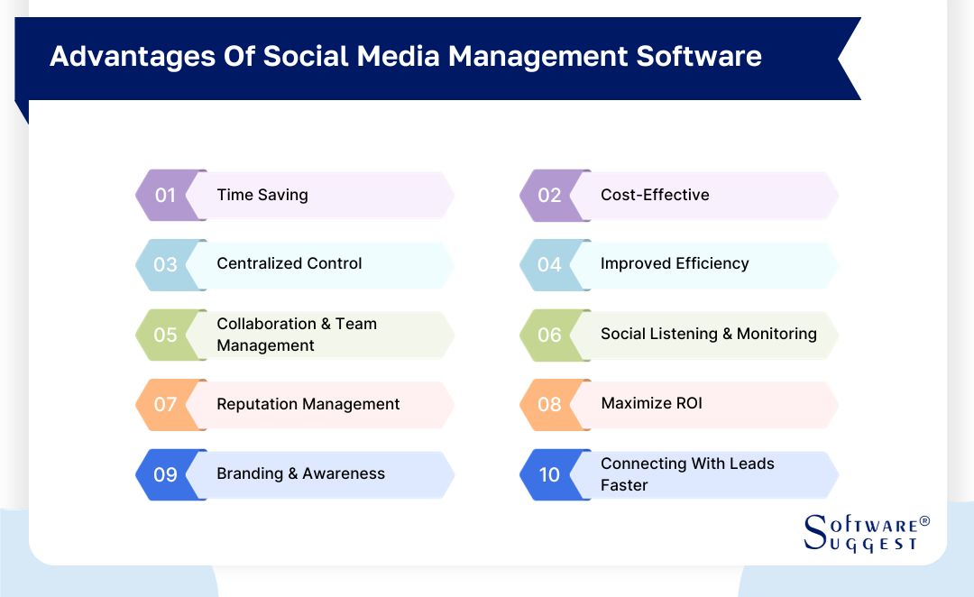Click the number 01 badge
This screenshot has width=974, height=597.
(x=165, y=195)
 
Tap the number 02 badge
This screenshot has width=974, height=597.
(x=549, y=195)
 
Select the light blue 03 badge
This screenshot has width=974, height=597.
(x=165, y=264)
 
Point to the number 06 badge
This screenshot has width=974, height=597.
(x=549, y=335)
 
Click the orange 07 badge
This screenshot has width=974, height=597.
(x=165, y=404)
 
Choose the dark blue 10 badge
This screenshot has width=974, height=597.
(x=549, y=474)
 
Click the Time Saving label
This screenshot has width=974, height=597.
(x=262, y=195)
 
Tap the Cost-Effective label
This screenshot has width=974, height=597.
(x=655, y=195)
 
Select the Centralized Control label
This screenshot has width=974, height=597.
(x=289, y=263)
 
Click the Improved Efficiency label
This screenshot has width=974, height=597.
(x=675, y=263)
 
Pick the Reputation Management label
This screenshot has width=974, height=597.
(x=308, y=404)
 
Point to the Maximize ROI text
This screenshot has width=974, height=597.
(x=651, y=403)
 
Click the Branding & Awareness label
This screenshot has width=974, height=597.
(x=300, y=473)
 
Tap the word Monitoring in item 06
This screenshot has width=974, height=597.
(x=776, y=334)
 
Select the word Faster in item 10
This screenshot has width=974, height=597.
(x=624, y=485)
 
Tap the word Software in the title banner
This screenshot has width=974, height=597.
(x=699, y=56)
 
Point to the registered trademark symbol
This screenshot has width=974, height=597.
(x=923, y=522)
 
